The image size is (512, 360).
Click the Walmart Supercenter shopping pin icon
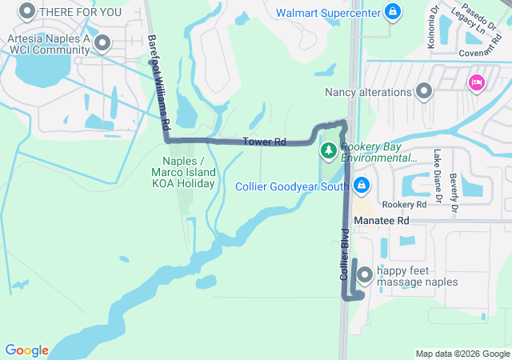(392, 12)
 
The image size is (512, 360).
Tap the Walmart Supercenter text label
(328, 13)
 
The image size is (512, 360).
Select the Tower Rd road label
(264, 142)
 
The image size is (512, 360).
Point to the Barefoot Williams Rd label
(160, 83)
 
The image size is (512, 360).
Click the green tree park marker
(328, 150)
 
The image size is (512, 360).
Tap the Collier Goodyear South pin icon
(362, 186)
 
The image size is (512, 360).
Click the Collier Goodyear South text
(291, 186)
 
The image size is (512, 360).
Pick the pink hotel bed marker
(476, 82)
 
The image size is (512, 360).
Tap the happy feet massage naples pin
(365, 274)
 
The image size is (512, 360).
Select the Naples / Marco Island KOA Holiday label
(183, 172)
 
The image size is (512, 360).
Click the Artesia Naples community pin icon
(102, 43)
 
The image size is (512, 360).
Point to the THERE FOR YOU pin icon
(26, 11)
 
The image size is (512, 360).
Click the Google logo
(26, 350)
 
